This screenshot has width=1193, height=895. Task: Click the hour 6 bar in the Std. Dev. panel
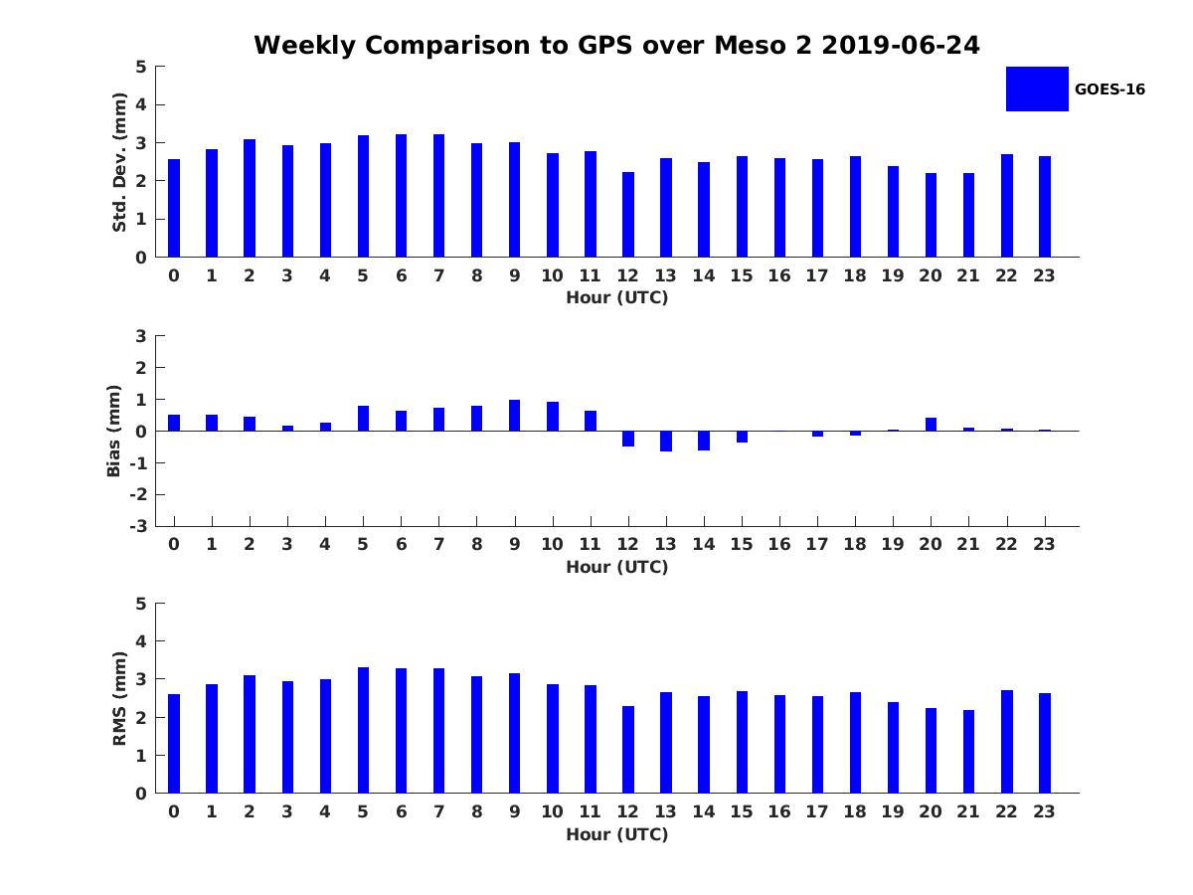[401, 196]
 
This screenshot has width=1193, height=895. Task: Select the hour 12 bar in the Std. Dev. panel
[628, 215]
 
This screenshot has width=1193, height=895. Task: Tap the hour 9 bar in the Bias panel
[514, 416]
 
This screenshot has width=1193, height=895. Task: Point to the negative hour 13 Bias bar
[666, 441]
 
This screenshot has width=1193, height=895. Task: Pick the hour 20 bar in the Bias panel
[931, 425]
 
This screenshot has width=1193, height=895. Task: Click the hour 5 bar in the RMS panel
[363, 730]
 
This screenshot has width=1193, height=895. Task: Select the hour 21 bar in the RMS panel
[968, 751]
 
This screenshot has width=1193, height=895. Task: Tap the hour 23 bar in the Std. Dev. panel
[1044, 207]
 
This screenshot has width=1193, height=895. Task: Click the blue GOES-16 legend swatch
[1037, 89]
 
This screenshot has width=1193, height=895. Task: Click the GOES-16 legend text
[1109, 89]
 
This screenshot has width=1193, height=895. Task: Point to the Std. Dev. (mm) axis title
[120, 162]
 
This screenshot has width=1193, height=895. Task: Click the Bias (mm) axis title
[114, 431]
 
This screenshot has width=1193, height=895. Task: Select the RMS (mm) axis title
[120, 698]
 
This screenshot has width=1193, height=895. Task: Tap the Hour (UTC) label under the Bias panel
[616, 567]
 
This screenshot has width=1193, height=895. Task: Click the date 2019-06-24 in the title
[901, 46]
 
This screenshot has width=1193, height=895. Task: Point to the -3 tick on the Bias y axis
[140, 526]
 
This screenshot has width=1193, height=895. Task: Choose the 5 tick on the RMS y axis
[141, 604]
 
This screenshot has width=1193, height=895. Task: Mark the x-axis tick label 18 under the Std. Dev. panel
[854, 275]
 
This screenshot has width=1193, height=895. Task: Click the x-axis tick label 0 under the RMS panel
[174, 811]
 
